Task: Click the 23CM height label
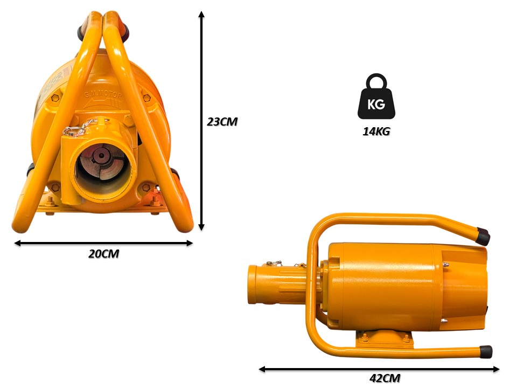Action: [x=222, y=122]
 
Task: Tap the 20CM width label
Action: [x=103, y=254]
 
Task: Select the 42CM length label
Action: [x=385, y=378]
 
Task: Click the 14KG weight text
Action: [x=376, y=131]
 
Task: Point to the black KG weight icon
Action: [x=376, y=96]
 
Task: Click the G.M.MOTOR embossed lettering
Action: [x=103, y=95]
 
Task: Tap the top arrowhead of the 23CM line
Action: [x=201, y=14]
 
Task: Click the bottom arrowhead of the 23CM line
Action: [x=201, y=227]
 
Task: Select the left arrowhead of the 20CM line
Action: [x=17, y=243]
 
